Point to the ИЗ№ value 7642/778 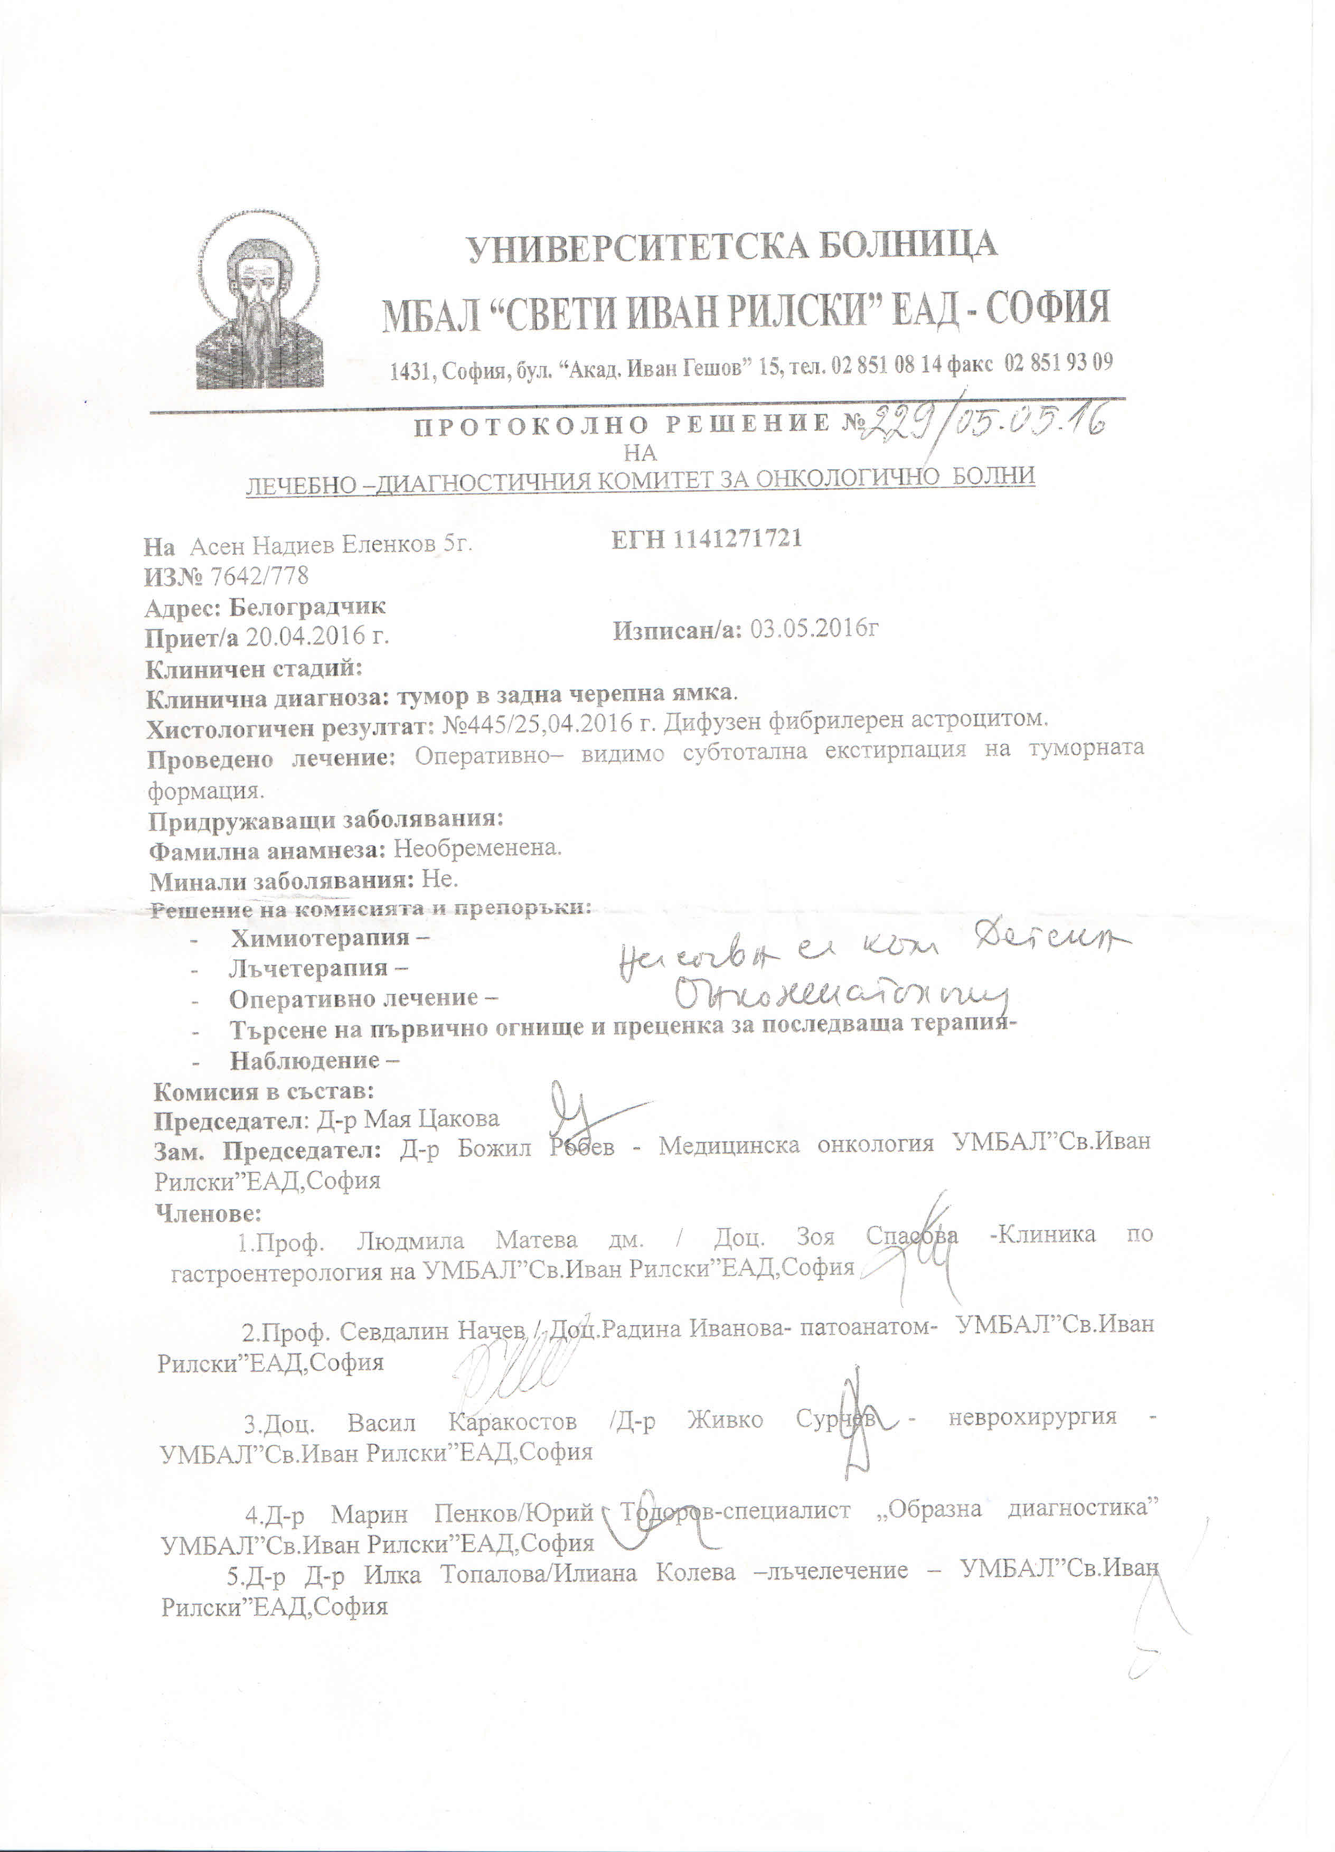coord(260,576)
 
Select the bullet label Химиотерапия coord(320,938)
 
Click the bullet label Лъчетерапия coord(308,968)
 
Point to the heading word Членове coord(208,1213)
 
